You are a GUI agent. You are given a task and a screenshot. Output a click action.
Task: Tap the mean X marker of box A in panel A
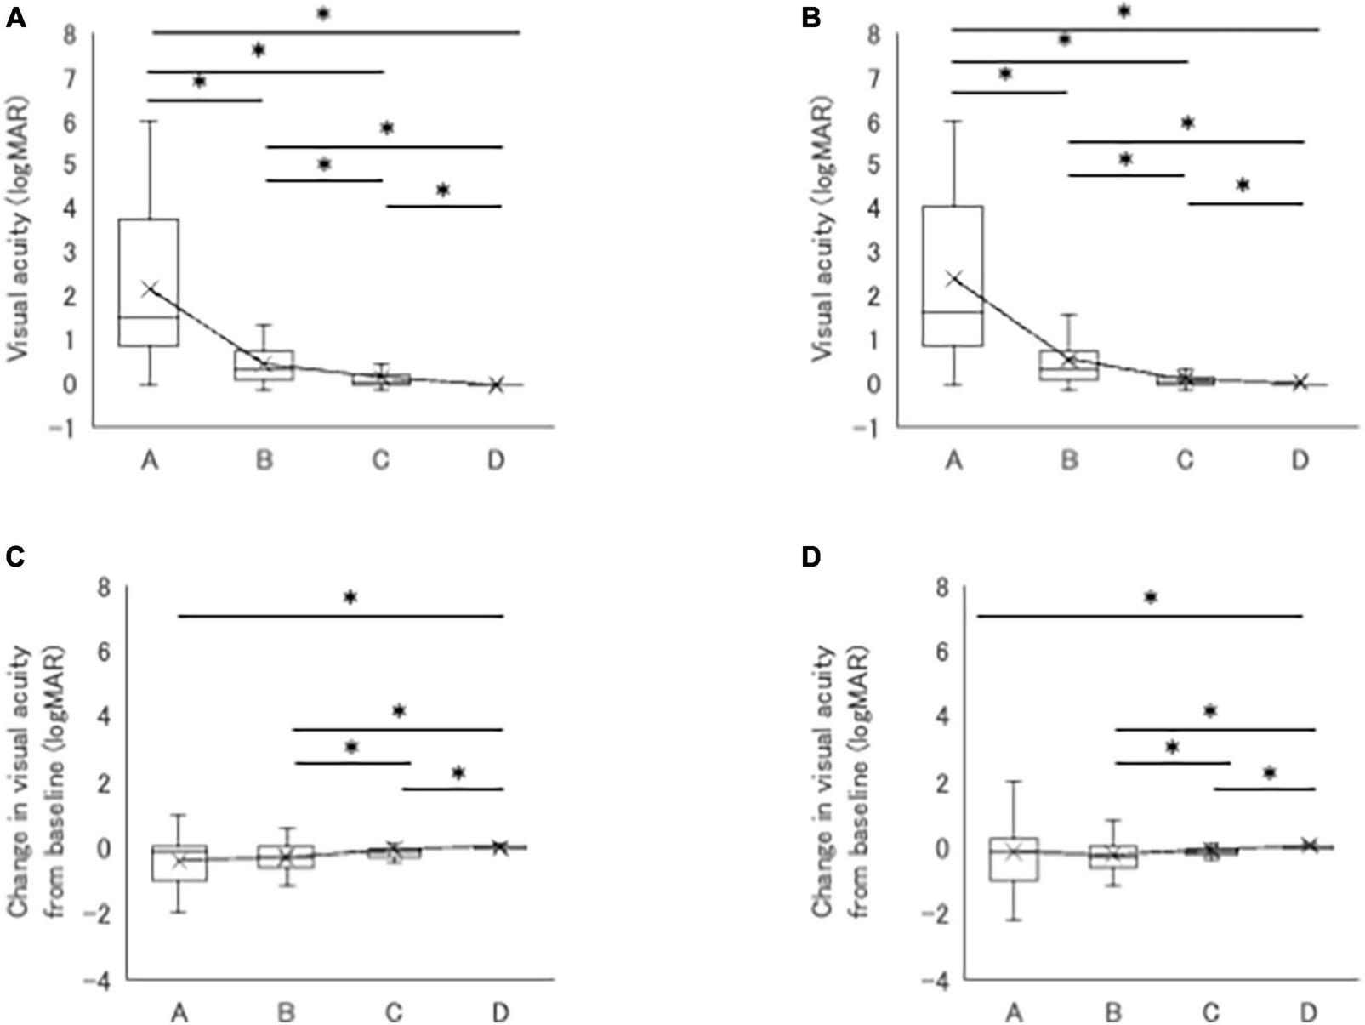(x=150, y=289)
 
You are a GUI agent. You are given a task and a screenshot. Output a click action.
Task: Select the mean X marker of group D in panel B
(x=1299, y=382)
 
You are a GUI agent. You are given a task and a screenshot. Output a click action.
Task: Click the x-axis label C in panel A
(x=380, y=460)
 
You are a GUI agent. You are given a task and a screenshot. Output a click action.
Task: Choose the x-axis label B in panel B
(x=1069, y=460)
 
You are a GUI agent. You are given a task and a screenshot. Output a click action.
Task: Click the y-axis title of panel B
(x=822, y=230)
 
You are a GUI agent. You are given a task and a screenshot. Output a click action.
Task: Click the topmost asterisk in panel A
(x=322, y=14)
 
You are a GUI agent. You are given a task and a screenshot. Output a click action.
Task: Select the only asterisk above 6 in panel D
(x=1150, y=597)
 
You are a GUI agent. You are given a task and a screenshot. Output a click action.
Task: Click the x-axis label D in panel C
(x=500, y=1012)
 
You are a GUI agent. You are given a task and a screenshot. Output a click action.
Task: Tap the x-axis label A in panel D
(x=1013, y=1012)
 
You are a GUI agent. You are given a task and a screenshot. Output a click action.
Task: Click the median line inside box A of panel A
(x=148, y=317)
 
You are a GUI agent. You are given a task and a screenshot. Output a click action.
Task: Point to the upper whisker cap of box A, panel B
(x=953, y=122)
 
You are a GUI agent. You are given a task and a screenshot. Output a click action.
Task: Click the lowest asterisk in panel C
(x=458, y=773)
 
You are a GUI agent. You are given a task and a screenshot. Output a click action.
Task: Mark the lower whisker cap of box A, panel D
(x=1013, y=920)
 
